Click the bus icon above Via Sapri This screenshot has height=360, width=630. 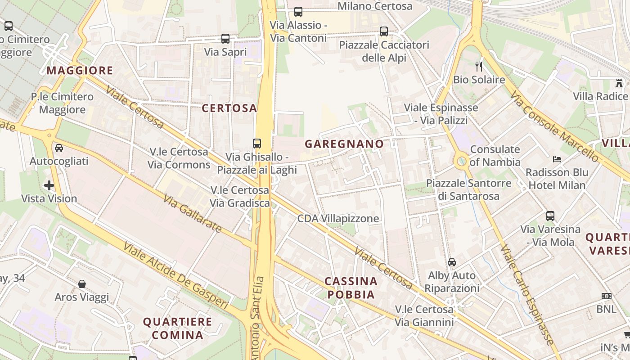point(225,39)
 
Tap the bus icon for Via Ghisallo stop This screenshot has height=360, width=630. point(257,144)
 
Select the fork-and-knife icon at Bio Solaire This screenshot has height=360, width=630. point(479,67)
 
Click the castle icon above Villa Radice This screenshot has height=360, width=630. point(619,83)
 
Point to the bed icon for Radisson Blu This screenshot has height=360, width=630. point(557,159)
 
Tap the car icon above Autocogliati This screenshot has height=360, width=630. point(59,148)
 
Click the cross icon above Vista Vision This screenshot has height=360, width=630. point(49,185)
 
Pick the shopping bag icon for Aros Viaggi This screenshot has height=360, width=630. point(82,284)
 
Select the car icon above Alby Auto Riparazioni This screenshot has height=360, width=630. point(452,262)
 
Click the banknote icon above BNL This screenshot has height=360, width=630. point(607,296)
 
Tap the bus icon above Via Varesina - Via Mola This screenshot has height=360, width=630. point(550,216)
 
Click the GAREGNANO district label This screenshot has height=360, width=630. point(344,144)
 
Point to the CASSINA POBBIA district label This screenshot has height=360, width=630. point(351,288)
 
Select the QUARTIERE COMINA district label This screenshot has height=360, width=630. point(177,328)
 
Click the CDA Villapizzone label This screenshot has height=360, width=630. point(338,219)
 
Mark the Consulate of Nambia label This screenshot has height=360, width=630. point(495,156)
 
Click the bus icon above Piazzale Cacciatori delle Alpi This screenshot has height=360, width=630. point(383,31)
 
